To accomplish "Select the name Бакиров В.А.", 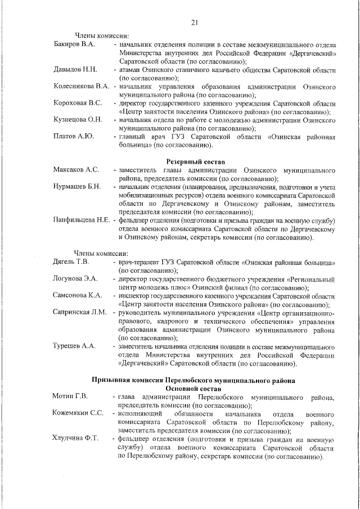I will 74,43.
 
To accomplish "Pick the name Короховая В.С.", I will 78,103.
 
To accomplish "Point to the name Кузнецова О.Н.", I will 78,120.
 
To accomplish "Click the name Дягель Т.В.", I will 71,262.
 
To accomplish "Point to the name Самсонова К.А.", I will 77,295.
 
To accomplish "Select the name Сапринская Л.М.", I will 80,312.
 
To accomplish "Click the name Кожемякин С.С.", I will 78,413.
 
